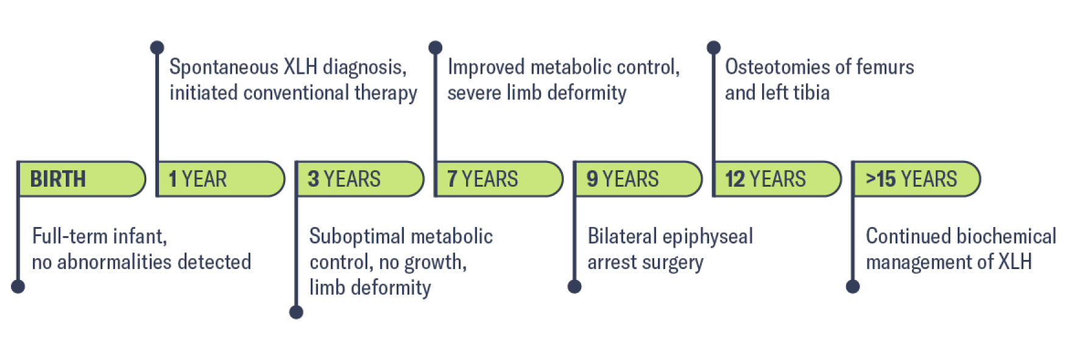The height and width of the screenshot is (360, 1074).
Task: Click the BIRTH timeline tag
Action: tap(82, 179)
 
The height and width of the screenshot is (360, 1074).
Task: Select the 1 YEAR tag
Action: tap(221, 179)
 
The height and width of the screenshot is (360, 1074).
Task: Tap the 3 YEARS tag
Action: tap(359, 179)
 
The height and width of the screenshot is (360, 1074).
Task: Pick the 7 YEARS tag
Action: tap(498, 179)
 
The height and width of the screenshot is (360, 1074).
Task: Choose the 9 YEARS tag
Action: tap(638, 179)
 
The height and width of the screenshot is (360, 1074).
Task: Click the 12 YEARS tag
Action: tap(777, 179)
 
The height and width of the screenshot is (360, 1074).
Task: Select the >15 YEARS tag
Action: tap(916, 179)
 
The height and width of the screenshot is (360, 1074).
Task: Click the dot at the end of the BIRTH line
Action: tap(18, 286)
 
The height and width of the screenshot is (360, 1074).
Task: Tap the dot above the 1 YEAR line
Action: tap(157, 47)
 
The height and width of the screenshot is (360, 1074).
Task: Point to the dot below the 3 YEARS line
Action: tap(297, 312)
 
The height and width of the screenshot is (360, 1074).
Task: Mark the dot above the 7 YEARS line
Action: tap(436, 47)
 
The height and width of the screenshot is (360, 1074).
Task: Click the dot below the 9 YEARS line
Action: tap(574, 286)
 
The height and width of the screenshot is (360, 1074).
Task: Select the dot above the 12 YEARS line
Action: tap(714, 47)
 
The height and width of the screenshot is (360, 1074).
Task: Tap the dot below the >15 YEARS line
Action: tap(853, 286)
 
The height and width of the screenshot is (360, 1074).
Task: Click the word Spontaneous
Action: tap(224, 67)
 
